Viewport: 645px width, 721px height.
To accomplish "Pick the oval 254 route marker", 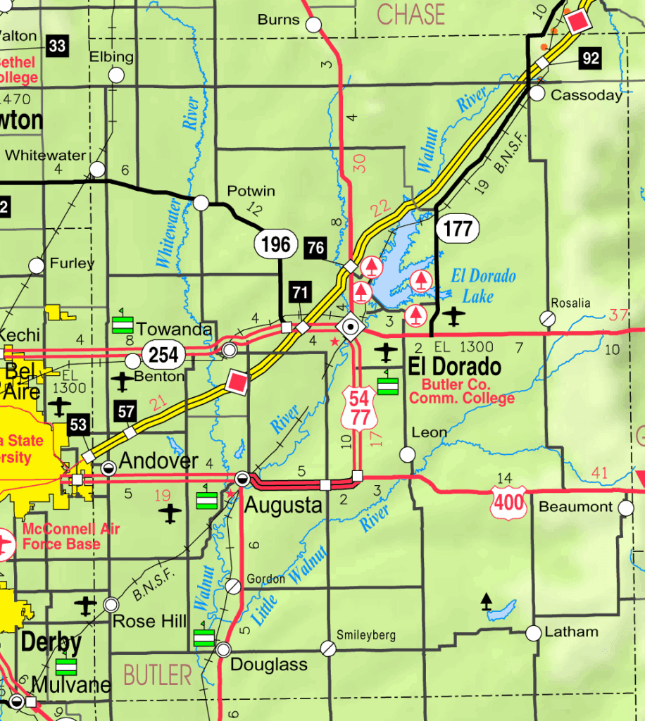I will click(x=164, y=354).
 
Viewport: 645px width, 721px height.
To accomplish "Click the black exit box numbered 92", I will click(x=591, y=58).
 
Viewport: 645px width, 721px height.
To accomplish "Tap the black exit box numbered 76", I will click(x=316, y=246).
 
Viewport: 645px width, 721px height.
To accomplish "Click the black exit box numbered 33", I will click(x=58, y=47).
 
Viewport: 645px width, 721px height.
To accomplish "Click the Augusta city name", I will click(x=283, y=505).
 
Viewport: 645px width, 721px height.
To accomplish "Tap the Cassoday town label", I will click(x=587, y=95).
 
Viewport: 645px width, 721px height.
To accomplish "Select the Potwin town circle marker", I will click(x=201, y=203).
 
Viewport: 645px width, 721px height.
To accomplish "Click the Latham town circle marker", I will click(x=534, y=632).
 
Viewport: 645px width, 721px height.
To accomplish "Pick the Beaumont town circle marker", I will click(x=625, y=508).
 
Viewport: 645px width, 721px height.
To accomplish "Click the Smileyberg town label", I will click(x=366, y=635).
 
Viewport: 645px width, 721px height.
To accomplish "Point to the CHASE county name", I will click(x=411, y=14).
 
